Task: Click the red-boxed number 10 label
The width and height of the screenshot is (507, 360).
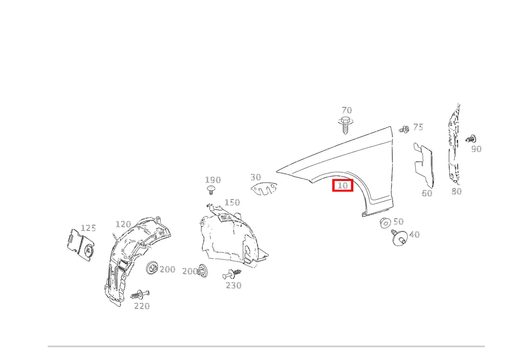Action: (343, 186)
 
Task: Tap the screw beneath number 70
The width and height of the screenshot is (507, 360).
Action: (346, 125)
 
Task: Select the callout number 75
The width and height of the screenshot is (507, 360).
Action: (418, 127)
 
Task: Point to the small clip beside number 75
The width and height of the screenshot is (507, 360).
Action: (404, 129)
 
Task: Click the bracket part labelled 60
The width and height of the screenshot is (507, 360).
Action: (424, 165)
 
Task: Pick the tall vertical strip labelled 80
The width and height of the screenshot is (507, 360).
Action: (454, 144)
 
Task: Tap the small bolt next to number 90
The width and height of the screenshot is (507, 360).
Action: (470, 139)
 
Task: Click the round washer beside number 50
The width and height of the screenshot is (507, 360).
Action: (385, 223)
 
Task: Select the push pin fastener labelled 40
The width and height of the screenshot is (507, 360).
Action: (399, 238)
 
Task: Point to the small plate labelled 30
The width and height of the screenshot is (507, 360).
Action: (264, 189)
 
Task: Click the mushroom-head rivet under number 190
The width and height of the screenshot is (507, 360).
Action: (210, 189)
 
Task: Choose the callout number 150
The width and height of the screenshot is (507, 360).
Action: (232, 202)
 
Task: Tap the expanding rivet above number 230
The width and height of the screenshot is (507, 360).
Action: (232, 274)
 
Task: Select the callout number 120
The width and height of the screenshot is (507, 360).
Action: (123, 224)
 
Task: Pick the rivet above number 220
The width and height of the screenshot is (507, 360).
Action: (140, 295)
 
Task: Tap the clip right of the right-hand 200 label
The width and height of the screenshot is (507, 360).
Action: (202, 270)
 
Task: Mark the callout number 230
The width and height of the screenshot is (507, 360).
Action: (233, 285)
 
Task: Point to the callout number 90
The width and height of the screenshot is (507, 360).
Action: (476, 149)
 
